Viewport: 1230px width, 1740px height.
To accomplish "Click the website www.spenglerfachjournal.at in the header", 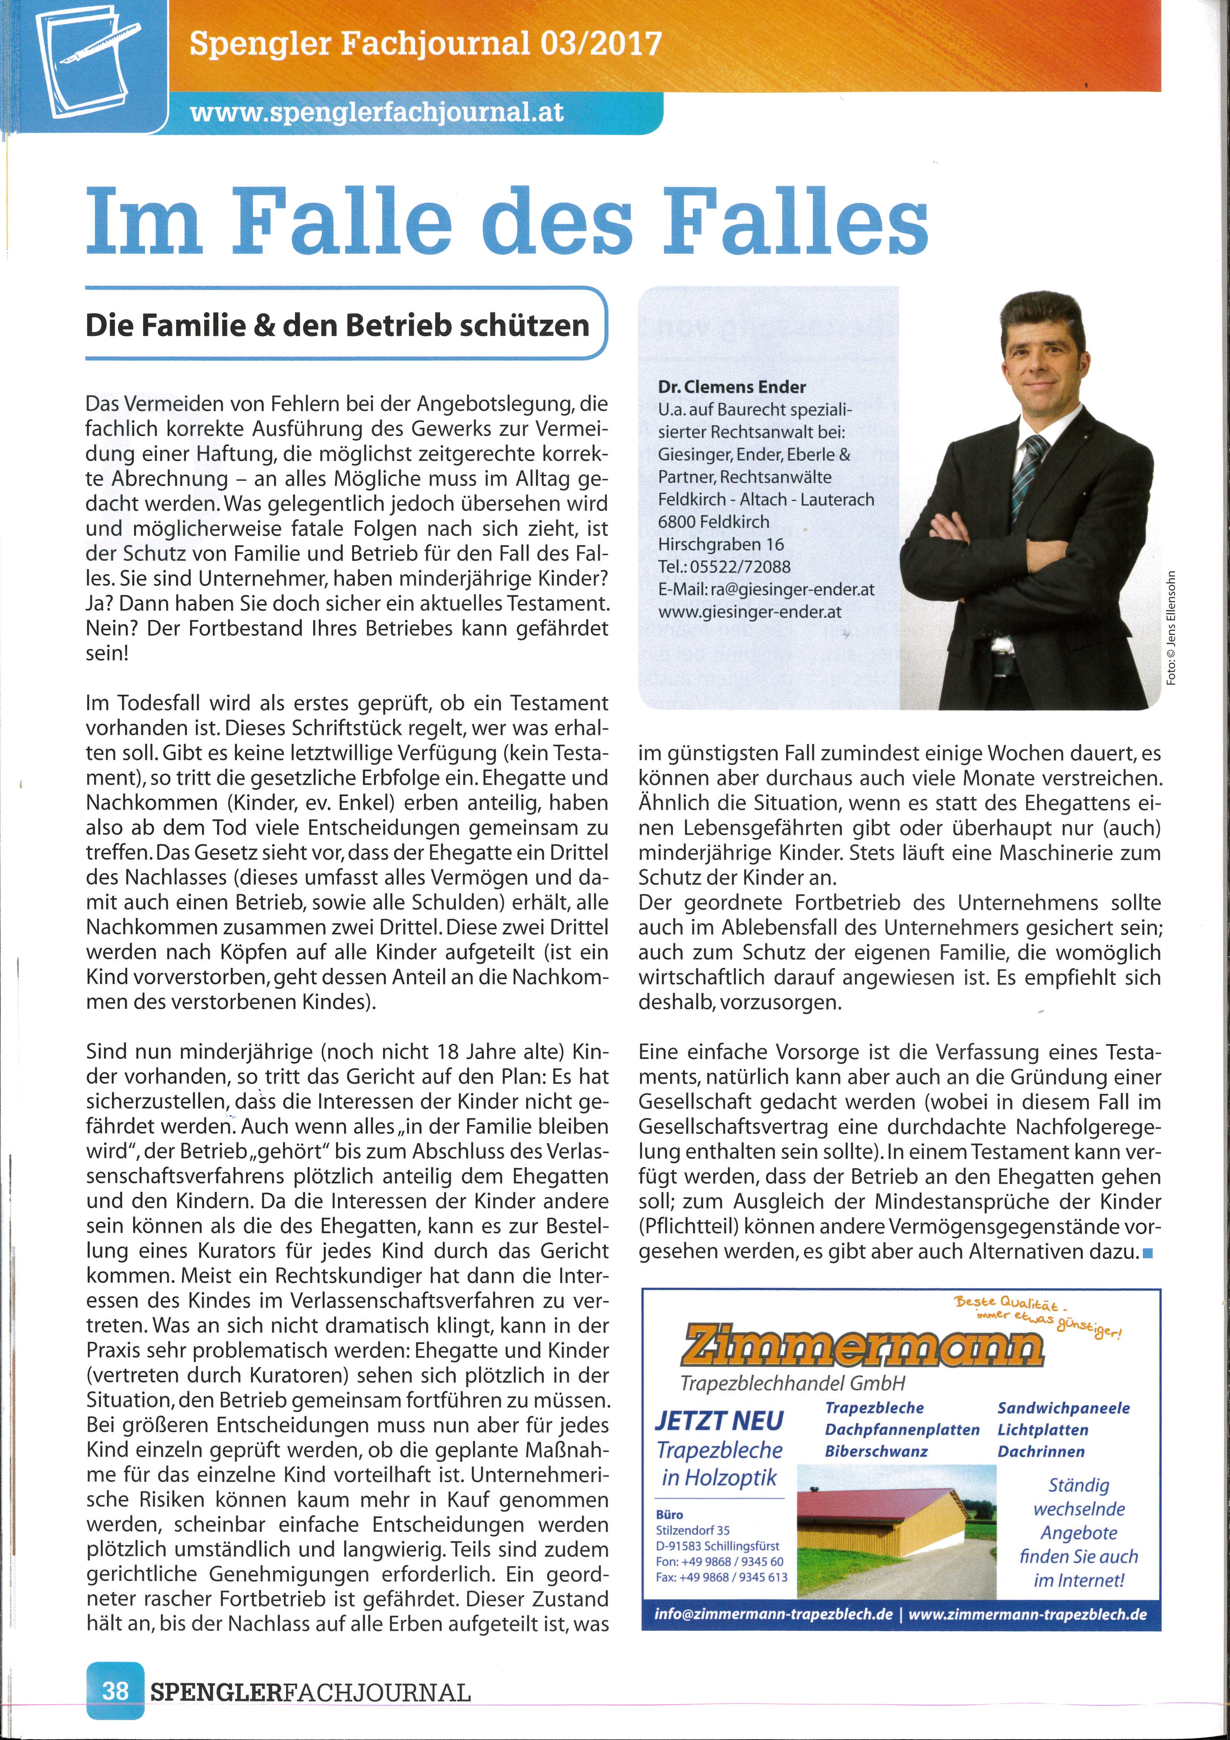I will pyautogui.click(x=377, y=112).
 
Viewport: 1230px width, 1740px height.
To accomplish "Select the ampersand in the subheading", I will pyautogui.click(x=264, y=325).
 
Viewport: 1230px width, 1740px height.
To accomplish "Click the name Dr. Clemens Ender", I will pyautogui.click(x=731, y=387).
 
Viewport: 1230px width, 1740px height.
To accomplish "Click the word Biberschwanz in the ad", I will pyautogui.click(x=876, y=1451).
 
